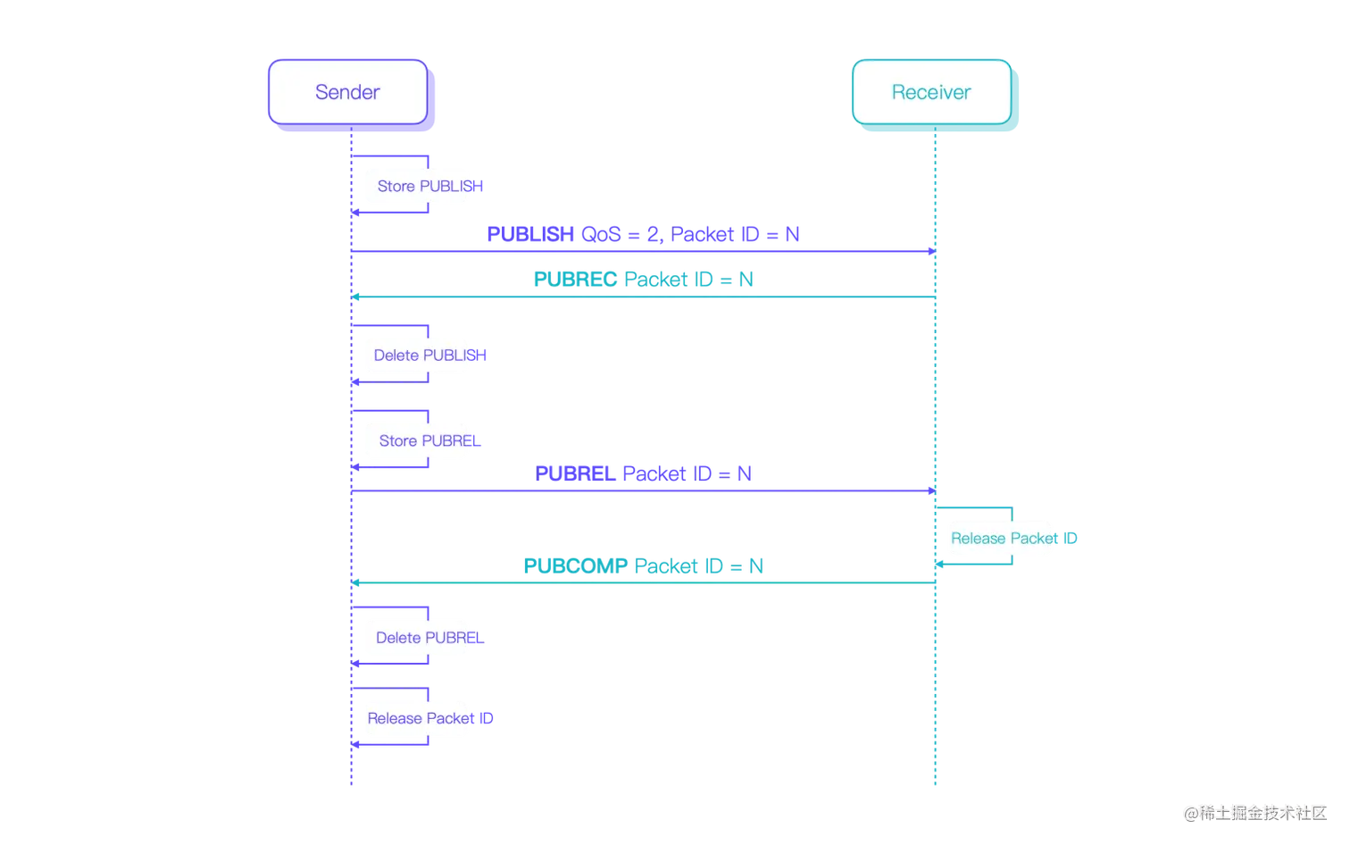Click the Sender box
[347, 92]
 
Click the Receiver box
[931, 92]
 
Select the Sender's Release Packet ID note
[418, 718]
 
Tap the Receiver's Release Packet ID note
[1000, 538]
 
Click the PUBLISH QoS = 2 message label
[644, 234]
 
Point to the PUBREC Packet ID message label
[644, 279]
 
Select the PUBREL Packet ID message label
[644, 472]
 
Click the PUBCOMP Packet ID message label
[644, 565]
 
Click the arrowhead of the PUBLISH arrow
[930, 252]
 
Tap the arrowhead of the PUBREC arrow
[356, 296]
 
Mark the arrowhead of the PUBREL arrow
[930, 491]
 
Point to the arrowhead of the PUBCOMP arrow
[356, 582]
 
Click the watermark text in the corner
[1255, 812]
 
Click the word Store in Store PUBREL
[397, 440]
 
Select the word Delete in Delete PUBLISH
[396, 356]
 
